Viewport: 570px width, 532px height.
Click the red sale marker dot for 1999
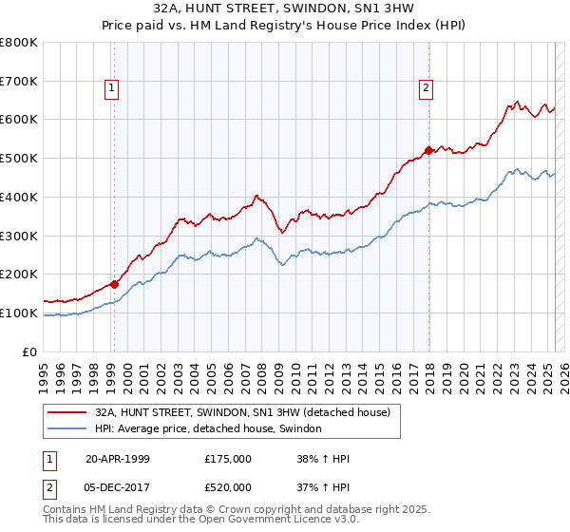tap(115, 283)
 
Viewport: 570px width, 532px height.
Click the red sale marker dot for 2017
tap(428, 149)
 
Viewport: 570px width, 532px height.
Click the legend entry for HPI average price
tap(208, 429)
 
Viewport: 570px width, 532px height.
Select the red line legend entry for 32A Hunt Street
tap(248, 412)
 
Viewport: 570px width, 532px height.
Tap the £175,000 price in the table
tap(228, 459)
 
